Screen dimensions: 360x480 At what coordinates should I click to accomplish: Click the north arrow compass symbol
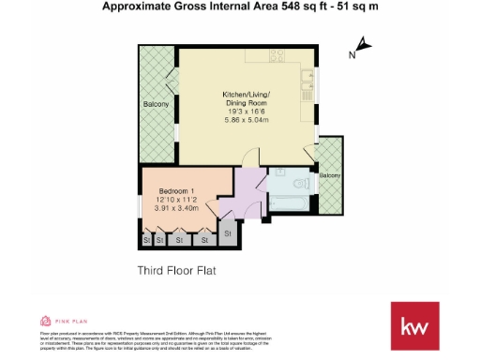364,44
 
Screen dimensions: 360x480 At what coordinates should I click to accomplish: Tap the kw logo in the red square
413,326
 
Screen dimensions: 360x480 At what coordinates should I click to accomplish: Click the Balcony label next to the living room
156,104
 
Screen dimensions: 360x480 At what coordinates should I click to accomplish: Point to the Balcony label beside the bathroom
329,175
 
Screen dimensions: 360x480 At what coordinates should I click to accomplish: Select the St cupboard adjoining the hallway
225,231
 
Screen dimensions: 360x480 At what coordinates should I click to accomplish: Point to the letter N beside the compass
351,54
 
